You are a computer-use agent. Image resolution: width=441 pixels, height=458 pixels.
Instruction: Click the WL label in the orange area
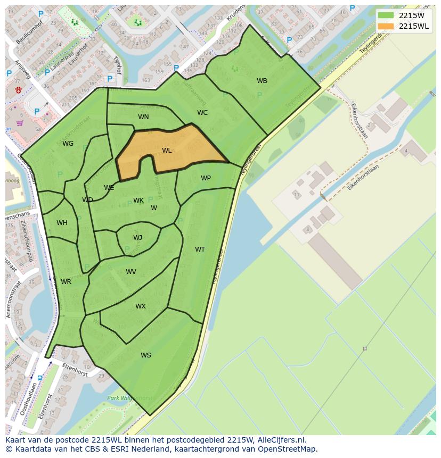click(167, 151)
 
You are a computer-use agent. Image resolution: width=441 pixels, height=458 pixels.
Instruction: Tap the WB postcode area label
click(262, 81)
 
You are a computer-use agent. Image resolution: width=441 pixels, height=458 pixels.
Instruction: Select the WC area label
click(202, 113)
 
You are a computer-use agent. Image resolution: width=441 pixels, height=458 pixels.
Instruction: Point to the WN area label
click(143, 117)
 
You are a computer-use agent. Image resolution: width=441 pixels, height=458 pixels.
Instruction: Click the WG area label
click(68, 144)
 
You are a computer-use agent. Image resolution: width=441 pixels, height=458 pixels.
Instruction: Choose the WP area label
click(206, 178)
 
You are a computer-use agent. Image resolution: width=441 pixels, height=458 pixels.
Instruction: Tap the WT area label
click(200, 249)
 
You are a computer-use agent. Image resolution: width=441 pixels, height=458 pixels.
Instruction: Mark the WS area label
click(146, 355)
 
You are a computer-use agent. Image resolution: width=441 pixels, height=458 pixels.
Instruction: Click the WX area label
click(140, 306)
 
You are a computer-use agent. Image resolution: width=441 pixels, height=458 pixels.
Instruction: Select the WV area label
click(131, 272)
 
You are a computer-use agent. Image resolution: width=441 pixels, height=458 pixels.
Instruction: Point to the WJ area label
click(137, 238)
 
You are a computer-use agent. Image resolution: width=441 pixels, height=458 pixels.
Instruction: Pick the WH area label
click(62, 223)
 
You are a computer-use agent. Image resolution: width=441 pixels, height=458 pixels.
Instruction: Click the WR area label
click(66, 282)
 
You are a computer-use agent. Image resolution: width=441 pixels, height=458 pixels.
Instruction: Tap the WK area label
click(138, 201)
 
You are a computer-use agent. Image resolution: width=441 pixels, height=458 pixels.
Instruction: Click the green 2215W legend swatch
click(386, 15)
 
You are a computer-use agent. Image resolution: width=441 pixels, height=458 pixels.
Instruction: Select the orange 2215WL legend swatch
click(386, 26)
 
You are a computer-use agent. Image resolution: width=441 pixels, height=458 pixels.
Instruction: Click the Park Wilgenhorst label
click(130, 397)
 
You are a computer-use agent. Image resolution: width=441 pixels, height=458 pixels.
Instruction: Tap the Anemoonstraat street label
click(9, 301)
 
